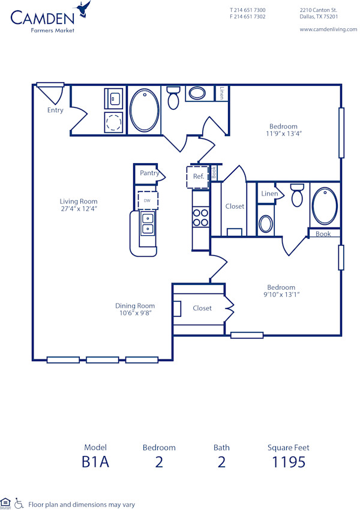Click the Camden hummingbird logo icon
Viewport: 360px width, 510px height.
84,8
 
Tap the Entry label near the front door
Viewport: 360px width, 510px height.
55,110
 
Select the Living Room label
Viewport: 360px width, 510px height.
78,202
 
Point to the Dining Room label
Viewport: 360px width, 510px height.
135,306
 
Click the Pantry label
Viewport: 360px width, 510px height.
149,173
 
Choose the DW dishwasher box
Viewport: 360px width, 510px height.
147,200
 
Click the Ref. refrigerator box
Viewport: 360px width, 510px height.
199,176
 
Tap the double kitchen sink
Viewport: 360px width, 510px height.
147,224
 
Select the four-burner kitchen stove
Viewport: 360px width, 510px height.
200,217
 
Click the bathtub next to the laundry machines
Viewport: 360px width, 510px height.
144,110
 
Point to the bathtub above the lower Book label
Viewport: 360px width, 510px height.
325,207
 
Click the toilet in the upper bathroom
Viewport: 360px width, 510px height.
174,97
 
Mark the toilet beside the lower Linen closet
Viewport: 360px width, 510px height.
297,194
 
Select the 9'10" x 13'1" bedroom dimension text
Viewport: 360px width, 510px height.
281,295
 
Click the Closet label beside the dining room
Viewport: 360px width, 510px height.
202,308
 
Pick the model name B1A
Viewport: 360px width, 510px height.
96,462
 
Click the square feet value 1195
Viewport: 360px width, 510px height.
289,462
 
